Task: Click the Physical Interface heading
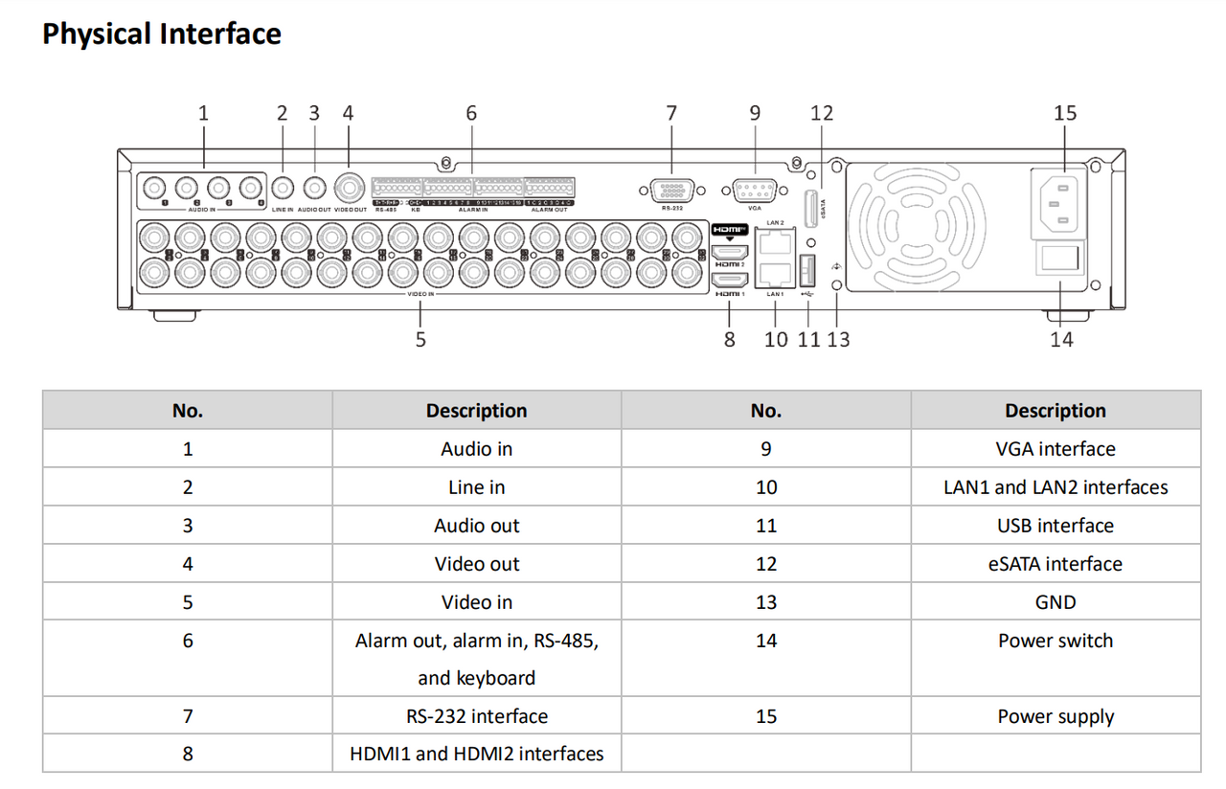(161, 34)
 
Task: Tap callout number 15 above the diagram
(1064, 113)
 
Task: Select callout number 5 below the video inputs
(420, 339)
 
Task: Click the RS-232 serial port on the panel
(671, 191)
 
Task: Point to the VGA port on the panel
(754, 191)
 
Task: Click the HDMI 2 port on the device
(731, 253)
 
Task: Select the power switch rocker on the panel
(1061, 259)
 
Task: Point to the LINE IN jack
(283, 188)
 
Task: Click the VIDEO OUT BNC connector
(350, 187)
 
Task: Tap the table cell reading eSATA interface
(1055, 564)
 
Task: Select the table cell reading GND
(1055, 602)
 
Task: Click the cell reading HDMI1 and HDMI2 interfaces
(476, 754)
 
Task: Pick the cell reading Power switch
(1055, 641)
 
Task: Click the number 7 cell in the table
(188, 716)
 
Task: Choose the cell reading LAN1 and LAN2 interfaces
(1055, 487)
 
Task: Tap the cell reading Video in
(476, 602)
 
